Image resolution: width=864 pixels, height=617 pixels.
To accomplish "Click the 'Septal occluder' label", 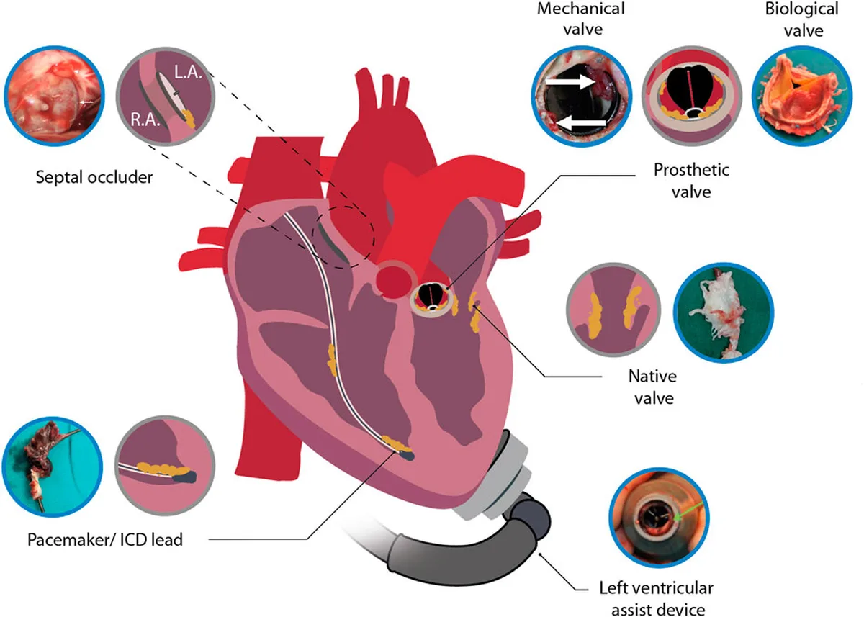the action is click(94, 178).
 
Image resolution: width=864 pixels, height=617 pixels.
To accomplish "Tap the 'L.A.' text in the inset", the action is click(188, 72).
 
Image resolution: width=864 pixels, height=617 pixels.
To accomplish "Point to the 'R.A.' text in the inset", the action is click(145, 120).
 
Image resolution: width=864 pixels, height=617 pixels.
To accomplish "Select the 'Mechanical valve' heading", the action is click(581, 19).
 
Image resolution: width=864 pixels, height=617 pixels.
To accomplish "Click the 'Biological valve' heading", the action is click(802, 19).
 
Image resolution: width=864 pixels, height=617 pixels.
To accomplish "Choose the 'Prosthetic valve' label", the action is click(692, 181).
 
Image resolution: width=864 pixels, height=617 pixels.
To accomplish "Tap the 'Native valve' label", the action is click(653, 387).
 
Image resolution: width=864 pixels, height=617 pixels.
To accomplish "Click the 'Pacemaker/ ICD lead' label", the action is click(105, 539).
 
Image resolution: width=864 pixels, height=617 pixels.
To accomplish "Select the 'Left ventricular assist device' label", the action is click(657, 599).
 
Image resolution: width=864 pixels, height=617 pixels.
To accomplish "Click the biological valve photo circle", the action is click(802, 96).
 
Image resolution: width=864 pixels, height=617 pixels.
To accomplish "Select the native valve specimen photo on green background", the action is click(724, 312).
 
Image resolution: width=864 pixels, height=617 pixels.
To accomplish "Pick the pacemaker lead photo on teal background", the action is click(53, 467).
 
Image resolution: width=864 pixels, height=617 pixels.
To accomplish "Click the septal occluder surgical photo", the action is click(55, 96).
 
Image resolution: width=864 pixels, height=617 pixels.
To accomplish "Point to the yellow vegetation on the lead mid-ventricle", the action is click(332, 359).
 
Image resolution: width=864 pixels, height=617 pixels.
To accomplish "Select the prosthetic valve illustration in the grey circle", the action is click(692, 96).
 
